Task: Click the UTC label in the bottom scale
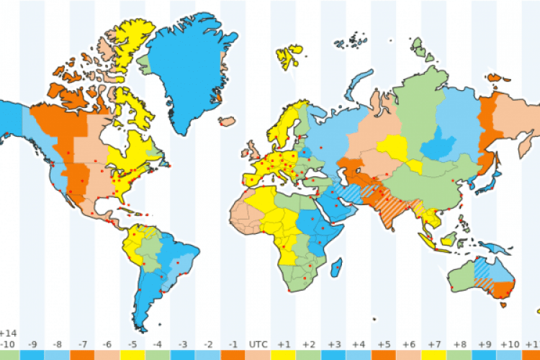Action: [x=258, y=345]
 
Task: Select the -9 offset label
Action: [x=32, y=345]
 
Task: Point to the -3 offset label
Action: [x=183, y=345]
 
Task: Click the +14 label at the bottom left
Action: [x=9, y=333]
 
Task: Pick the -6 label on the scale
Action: [x=107, y=345]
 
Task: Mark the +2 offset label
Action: [x=308, y=345]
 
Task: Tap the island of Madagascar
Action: [x=336, y=270]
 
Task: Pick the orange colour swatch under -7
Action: [x=82, y=356]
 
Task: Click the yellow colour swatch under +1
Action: [x=283, y=356]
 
